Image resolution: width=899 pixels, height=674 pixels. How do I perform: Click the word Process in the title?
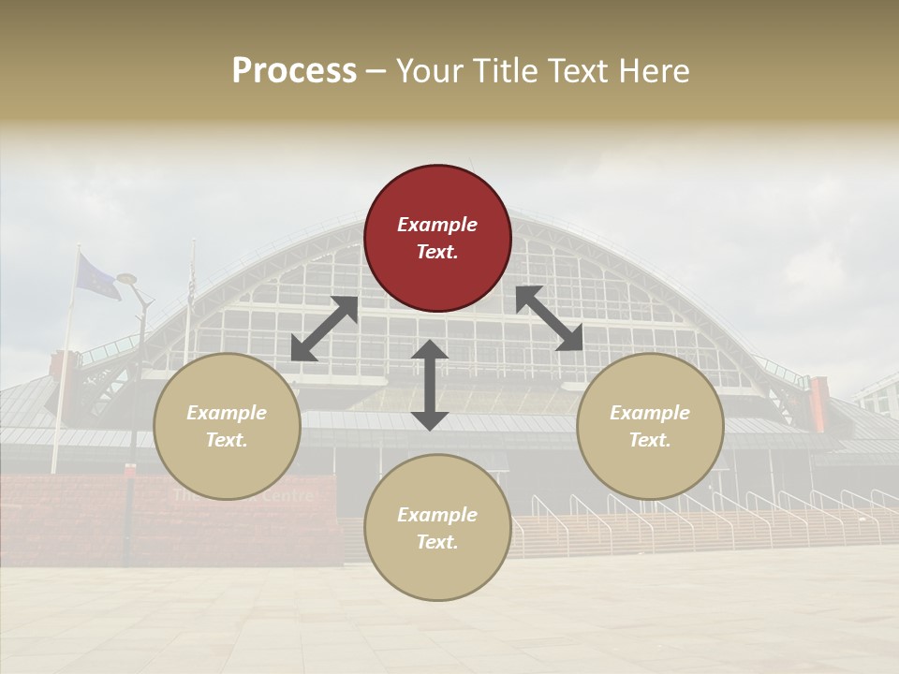(294, 70)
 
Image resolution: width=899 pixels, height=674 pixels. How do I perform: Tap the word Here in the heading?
(656, 70)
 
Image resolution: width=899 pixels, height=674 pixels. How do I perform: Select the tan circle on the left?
(227, 426)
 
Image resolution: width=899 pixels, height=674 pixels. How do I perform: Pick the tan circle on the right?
(650, 426)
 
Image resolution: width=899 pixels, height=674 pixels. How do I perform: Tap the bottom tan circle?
(437, 528)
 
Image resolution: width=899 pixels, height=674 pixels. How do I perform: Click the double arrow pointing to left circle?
(324, 329)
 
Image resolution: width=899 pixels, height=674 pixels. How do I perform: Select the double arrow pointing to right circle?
(550, 318)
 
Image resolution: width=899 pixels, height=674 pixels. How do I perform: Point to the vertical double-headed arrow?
(430, 385)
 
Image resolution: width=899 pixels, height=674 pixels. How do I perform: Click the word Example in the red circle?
(437, 225)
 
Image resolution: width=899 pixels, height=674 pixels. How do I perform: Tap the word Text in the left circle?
(226, 440)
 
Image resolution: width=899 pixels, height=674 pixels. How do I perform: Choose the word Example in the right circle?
(650, 413)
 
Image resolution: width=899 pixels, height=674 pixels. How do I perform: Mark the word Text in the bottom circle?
(436, 542)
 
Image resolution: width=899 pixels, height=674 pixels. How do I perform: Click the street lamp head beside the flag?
(126, 279)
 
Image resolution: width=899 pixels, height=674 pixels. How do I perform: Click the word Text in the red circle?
(436, 252)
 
